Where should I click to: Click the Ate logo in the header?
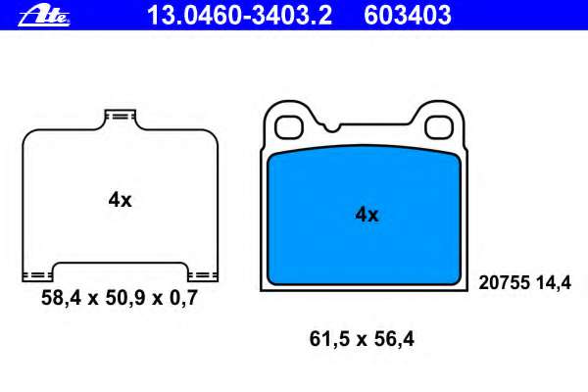click(x=44, y=16)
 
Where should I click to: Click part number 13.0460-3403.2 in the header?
click(x=240, y=16)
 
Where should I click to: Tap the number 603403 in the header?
click(x=408, y=16)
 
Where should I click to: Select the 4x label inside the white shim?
click(x=120, y=200)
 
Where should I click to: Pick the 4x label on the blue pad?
click(x=367, y=215)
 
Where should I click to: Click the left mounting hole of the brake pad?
click(x=289, y=127)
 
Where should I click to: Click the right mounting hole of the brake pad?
click(x=439, y=127)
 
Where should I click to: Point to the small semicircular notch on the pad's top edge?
click(x=332, y=128)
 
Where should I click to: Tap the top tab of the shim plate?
click(x=120, y=117)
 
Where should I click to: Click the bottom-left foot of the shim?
click(x=37, y=276)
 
